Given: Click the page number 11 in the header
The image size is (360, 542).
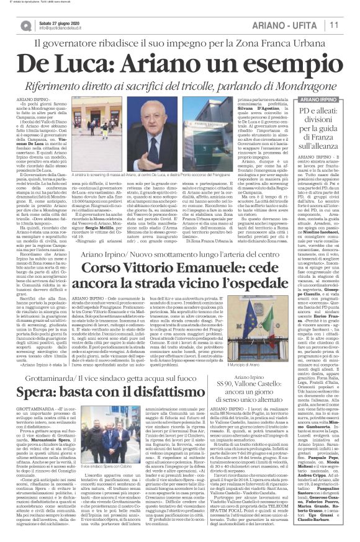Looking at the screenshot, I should click(349, 25).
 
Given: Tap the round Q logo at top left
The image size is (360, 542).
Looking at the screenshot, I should click(25, 25).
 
